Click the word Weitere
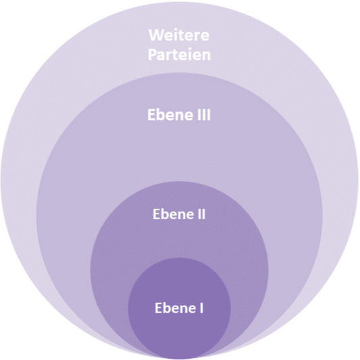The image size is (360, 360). coord(179,35)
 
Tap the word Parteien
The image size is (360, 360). coord(179,55)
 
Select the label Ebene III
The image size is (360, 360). coord(179,115)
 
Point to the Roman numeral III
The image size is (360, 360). coord(204,115)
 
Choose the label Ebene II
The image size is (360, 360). coord(179,214)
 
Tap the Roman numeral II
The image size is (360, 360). coord(201,214)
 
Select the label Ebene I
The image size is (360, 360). coord(179,307)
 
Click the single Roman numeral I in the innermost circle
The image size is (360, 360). coord(201,307)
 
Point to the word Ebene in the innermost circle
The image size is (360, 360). coord(175,307)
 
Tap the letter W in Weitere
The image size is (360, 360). coord(156,35)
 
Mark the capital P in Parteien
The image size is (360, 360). coord(152,55)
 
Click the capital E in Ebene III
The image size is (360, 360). coord(151,115)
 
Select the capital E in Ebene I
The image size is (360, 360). coord(159,307)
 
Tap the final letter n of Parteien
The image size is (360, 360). coord(206,56)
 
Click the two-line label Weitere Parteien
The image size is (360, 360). coord(179,45)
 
